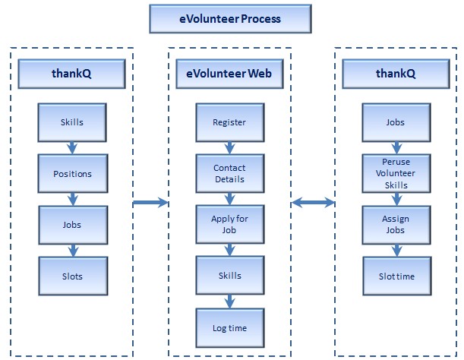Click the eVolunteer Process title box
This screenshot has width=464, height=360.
tap(230, 19)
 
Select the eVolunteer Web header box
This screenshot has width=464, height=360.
tap(229, 74)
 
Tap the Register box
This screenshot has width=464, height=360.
tap(230, 122)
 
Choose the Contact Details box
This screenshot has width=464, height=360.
tap(230, 173)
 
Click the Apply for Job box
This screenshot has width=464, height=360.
tap(230, 224)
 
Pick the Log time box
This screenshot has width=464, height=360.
tap(230, 328)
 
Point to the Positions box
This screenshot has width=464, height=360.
tap(73, 173)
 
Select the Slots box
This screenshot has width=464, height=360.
tap(73, 276)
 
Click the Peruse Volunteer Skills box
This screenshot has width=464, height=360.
tap(396, 173)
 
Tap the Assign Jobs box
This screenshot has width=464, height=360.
tap(396, 225)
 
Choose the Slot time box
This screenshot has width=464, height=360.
tap(397, 276)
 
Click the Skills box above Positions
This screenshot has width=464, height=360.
tap(72, 122)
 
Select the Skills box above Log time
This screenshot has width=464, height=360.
tap(230, 276)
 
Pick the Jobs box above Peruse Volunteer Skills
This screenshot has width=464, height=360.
tap(396, 122)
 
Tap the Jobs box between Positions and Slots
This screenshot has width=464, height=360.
tap(73, 225)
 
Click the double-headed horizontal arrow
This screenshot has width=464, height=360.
tap(313, 203)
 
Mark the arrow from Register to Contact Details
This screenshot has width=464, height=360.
tap(230, 148)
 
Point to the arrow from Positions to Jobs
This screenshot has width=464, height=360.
tap(73, 199)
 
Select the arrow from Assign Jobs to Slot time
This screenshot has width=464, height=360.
tap(397, 251)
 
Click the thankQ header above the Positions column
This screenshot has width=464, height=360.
tap(71, 74)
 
